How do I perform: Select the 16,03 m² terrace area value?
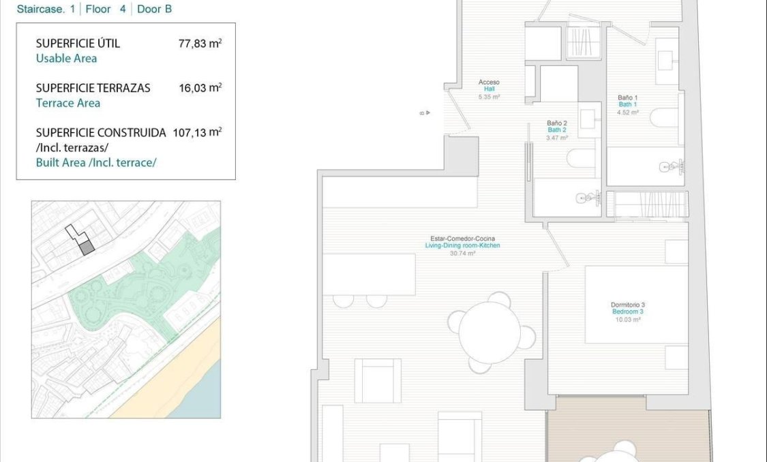(200, 88)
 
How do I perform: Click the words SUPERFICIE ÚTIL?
(78, 44)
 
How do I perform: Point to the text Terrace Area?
(67, 103)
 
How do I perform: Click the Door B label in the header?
(154, 10)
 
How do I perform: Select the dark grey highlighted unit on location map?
(87, 247)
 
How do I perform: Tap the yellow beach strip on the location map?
(170, 382)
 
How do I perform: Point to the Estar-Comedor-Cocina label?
(462, 238)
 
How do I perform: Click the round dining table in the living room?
(490, 333)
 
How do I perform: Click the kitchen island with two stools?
(369, 274)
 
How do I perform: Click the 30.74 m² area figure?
(462, 253)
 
